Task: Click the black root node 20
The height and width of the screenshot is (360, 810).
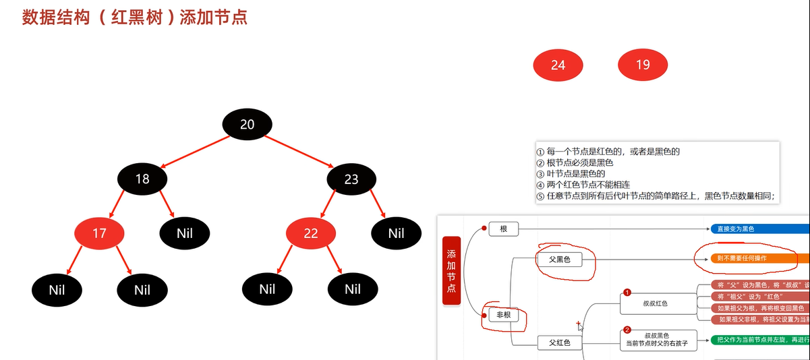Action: (x=247, y=124)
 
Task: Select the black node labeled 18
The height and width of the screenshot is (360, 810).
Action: (x=142, y=179)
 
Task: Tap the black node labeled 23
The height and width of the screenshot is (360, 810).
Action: (x=351, y=179)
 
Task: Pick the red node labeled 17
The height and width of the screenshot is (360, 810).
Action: (x=99, y=233)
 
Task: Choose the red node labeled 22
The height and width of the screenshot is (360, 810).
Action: (x=311, y=233)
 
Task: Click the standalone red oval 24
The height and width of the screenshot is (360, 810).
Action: (x=558, y=65)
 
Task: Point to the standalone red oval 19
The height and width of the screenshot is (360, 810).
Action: (x=643, y=65)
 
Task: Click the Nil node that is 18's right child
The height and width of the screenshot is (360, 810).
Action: (x=185, y=233)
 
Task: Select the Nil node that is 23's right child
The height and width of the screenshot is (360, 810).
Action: (x=396, y=233)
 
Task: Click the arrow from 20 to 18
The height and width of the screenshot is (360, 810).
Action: (x=196, y=151)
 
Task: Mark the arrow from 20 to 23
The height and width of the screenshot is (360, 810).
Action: (x=299, y=151)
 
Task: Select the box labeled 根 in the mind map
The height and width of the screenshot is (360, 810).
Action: (x=503, y=229)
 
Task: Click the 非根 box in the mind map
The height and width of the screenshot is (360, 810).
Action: (x=503, y=315)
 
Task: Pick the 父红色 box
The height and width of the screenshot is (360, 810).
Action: (x=559, y=343)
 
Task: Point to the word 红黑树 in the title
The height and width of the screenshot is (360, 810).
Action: (x=144, y=17)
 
